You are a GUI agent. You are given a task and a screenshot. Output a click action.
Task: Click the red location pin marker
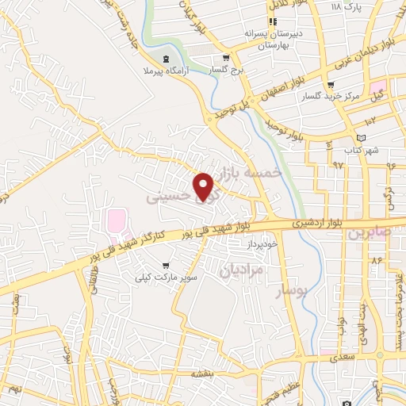click(x=204, y=186)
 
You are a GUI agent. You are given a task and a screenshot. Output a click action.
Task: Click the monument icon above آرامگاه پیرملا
click(x=165, y=59)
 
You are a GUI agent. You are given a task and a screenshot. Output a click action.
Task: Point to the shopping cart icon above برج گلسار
click(x=226, y=58)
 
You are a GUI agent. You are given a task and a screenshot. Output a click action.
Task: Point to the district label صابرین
click(x=370, y=233)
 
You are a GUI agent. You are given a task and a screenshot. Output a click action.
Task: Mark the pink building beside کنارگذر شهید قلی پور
click(x=117, y=222)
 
